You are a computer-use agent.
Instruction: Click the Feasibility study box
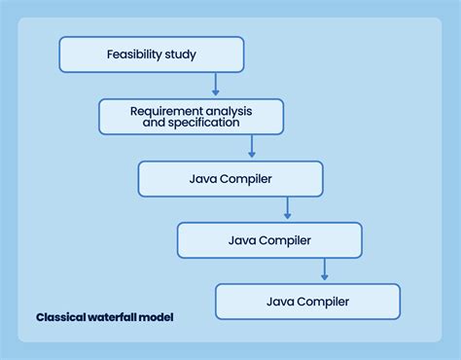pyautogui.click(x=151, y=54)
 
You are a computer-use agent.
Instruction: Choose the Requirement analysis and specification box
pyautogui.click(x=191, y=117)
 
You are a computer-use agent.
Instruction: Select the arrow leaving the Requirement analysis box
pyautogui.click(x=252, y=147)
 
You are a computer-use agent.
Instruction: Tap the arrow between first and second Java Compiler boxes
pyautogui.click(x=287, y=208)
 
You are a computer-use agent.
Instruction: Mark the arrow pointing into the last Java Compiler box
pyautogui.click(x=325, y=270)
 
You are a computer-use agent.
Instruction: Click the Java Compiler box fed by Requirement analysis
pyautogui.click(x=230, y=179)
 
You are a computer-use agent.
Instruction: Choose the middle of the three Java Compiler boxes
pyautogui.click(x=268, y=240)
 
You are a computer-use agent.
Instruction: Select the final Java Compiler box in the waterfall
pyautogui.click(x=307, y=302)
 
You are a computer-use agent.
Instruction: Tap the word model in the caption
pyautogui.click(x=157, y=317)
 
